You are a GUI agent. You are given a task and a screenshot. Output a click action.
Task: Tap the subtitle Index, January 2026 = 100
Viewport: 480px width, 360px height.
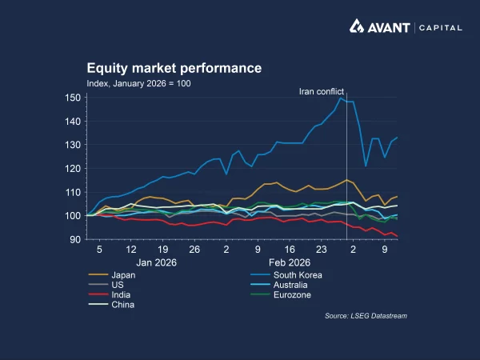[138, 83]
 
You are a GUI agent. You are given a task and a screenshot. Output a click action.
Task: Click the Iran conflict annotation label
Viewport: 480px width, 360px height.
[321, 92]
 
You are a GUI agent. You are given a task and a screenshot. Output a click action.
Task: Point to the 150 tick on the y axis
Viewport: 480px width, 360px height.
[74, 98]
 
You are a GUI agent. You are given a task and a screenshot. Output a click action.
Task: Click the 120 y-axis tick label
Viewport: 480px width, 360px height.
[74, 169]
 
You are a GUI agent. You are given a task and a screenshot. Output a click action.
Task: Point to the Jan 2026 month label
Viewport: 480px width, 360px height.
[155, 262]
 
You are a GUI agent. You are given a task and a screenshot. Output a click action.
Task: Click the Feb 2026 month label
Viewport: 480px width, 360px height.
[289, 262]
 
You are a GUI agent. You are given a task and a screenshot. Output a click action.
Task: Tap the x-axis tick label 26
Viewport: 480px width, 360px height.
[194, 250]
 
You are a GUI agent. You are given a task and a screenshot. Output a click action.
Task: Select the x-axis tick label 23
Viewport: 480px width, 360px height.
[322, 250]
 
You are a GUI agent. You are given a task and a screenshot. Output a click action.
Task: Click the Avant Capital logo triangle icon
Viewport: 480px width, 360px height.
[359, 26]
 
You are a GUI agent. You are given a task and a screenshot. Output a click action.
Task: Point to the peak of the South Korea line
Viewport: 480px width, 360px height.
[342, 98]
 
